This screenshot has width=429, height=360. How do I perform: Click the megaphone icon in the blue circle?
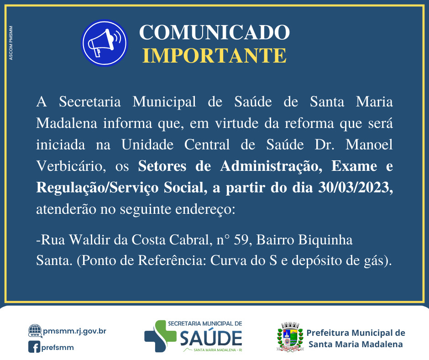105,43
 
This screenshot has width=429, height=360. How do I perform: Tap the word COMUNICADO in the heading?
214,32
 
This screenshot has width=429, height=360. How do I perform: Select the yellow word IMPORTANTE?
214,55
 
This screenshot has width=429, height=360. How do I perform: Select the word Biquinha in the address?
333,239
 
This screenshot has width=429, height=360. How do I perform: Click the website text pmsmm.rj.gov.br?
74,330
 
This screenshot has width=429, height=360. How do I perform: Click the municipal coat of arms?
290,337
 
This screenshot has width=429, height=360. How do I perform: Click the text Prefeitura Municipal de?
356,333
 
